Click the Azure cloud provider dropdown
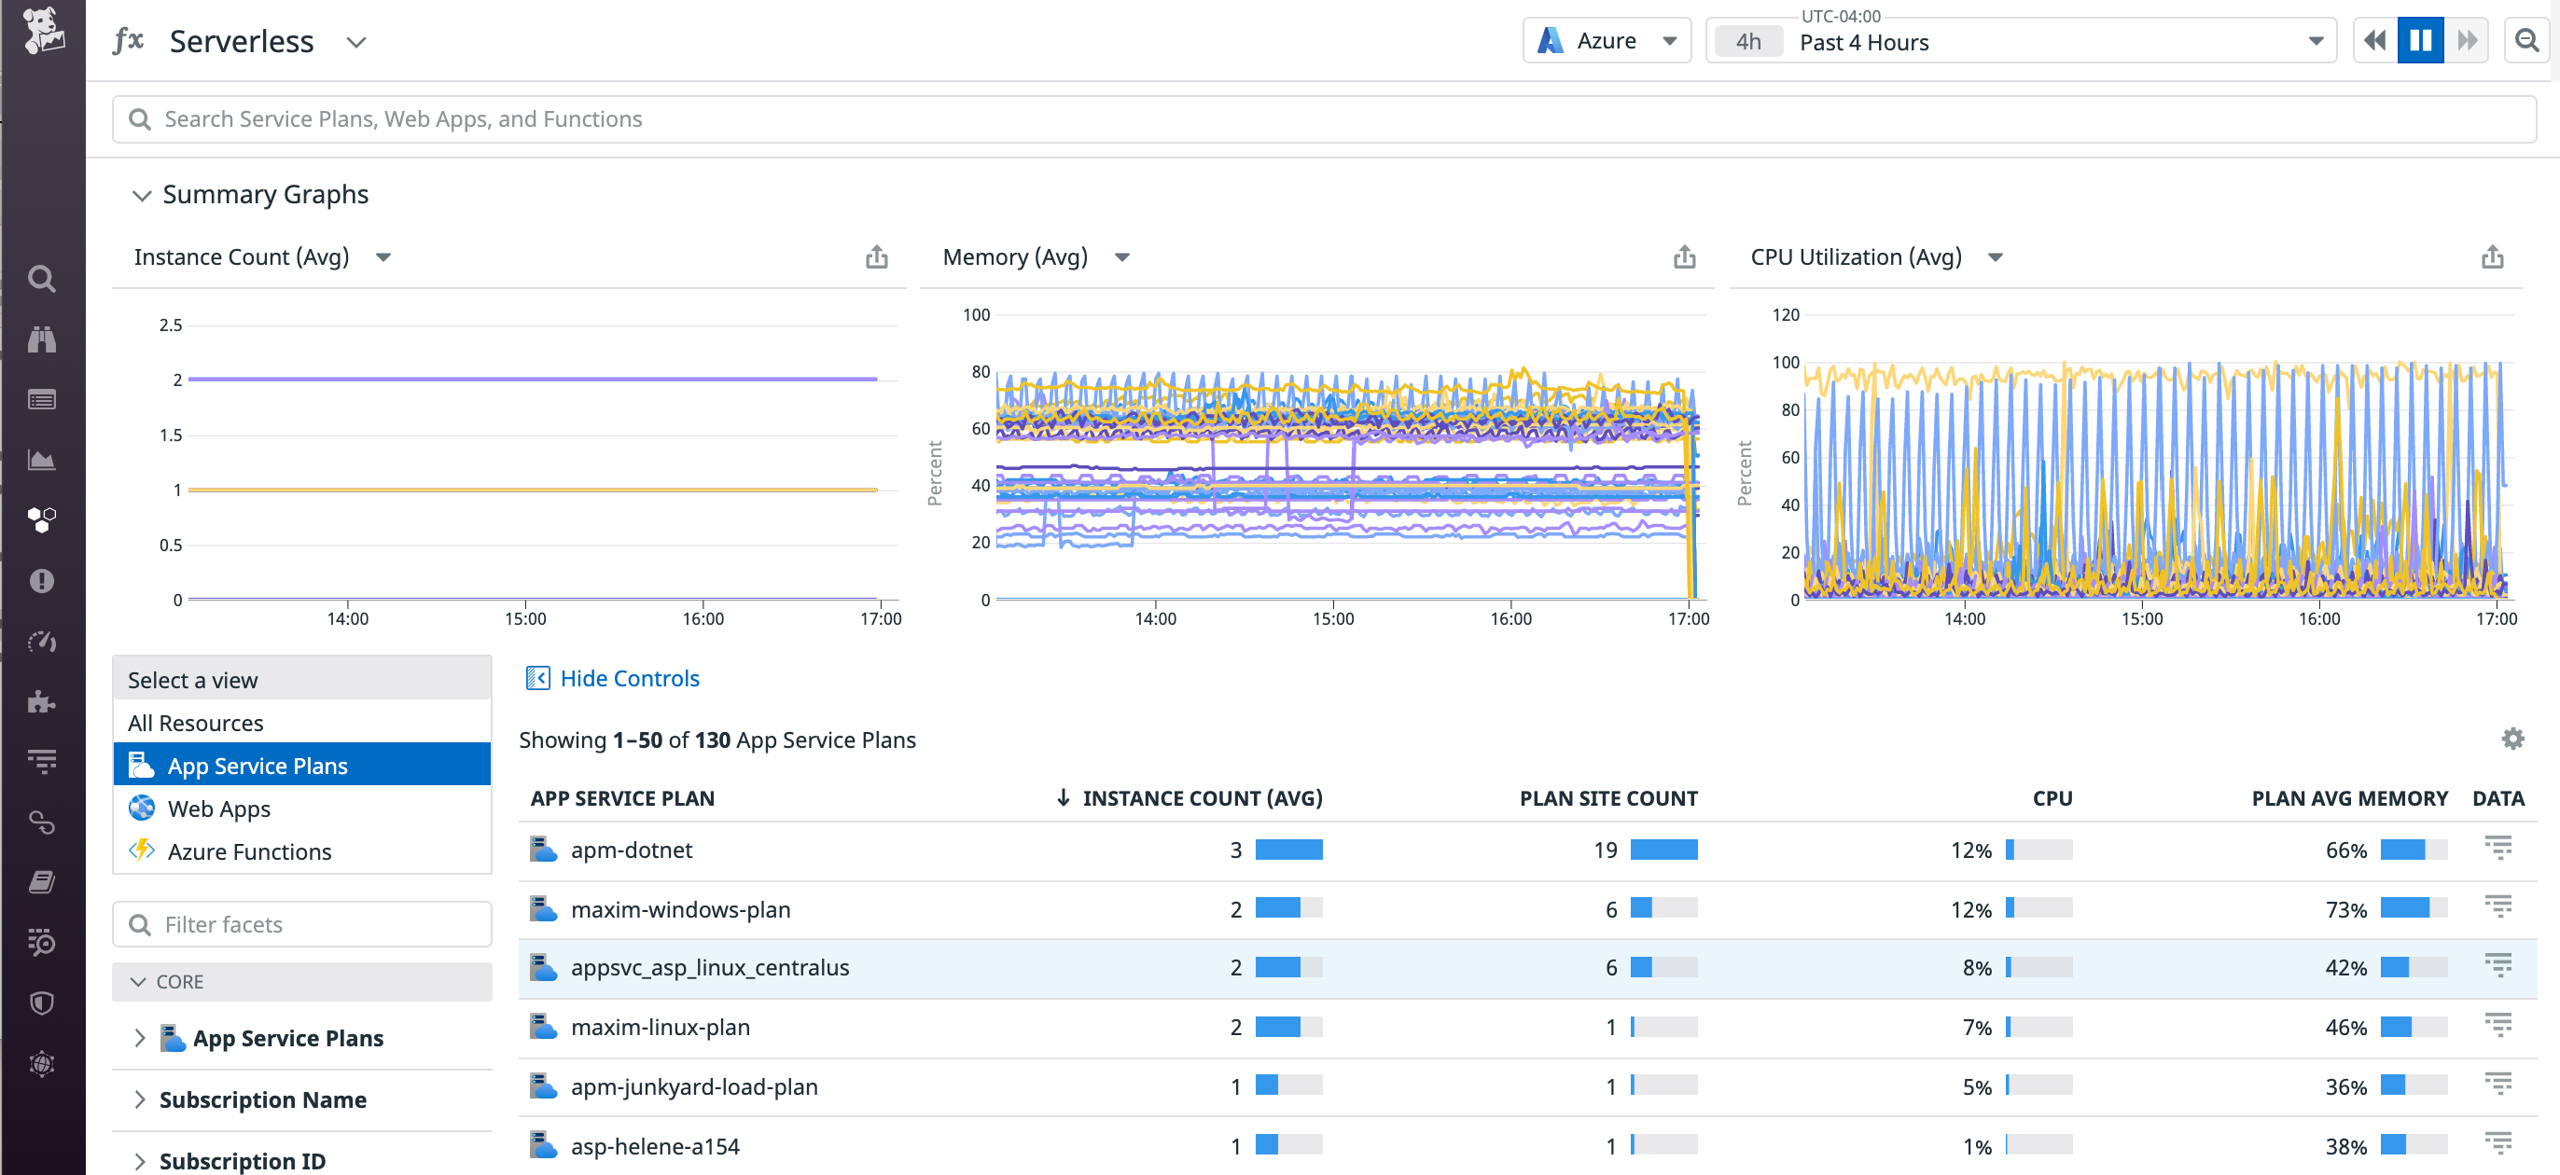pyautogui.click(x=1606, y=41)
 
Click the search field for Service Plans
pyautogui.click(x=1322, y=119)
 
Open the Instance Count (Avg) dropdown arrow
pyautogui.click(x=383, y=257)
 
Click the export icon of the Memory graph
pyautogui.click(x=1683, y=257)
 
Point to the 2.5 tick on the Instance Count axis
pyautogui.click(x=171, y=325)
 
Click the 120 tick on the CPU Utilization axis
pyautogui.click(x=1785, y=315)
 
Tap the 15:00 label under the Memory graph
pyautogui.click(x=1331, y=619)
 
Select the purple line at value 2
pyautogui.click(x=532, y=379)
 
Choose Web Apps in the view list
pyautogui.click(x=218, y=809)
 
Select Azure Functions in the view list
pyautogui.click(x=248, y=851)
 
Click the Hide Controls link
pyautogui.click(x=629, y=678)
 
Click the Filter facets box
pyautogui.click(x=302, y=925)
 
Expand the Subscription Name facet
pyautogui.click(x=262, y=1099)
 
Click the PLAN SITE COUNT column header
pyautogui.click(x=1608, y=798)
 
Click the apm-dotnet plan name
pyautogui.click(x=631, y=850)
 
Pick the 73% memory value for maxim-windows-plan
pyautogui.click(x=2345, y=910)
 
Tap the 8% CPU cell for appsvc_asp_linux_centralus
pyautogui.click(x=1976, y=967)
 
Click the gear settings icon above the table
pyautogui.click(x=2512, y=738)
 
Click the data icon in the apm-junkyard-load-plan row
pyautogui.click(x=2497, y=1084)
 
